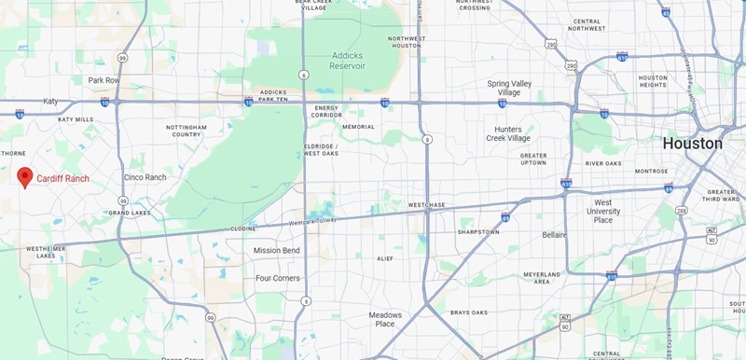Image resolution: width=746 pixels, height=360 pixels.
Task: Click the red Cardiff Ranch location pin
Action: (x=25, y=176)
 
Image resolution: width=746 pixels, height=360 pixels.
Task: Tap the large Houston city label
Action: (x=692, y=144)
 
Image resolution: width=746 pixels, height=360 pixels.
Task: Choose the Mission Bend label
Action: (x=276, y=250)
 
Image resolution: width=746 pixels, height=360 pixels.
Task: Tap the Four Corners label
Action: (x=277, y=278)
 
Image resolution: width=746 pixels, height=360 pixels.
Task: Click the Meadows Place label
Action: (x=385, y=319)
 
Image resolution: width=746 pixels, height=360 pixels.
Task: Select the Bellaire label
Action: (x=553, y=235)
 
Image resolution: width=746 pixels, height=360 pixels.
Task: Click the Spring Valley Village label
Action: (x=510, y=88)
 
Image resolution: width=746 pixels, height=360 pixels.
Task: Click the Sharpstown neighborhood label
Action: (x=479, y=231)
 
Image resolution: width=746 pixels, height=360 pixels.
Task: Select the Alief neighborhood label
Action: (x=384, y=258)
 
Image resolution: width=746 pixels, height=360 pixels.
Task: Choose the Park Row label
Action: (x=104, y=80)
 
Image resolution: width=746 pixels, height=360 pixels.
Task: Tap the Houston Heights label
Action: (x=653, y=82)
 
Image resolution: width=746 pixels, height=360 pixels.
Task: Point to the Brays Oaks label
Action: (x=469, y=312)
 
